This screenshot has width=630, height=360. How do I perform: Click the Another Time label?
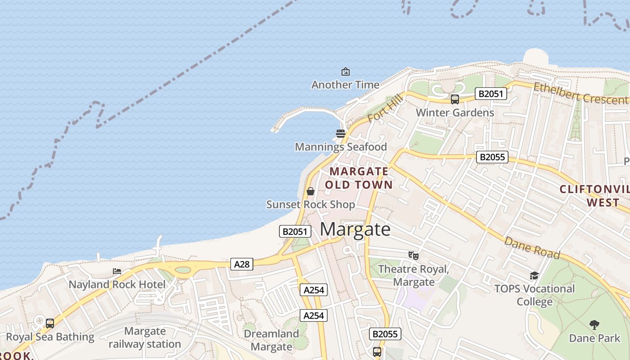click(345, 85)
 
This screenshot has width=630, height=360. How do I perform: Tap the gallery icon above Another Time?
click(345, 72)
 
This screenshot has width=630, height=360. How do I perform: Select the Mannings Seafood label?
click(341, 147)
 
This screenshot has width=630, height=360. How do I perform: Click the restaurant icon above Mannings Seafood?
click(341, 133)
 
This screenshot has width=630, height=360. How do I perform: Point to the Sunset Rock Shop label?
click(310, 205)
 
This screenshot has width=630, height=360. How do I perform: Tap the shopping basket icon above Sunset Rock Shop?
click(310, 191)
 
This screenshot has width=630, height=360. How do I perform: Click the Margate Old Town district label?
click(359, 178)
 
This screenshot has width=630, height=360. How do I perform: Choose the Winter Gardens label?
click(455, 112)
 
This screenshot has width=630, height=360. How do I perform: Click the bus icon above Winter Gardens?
click(455, 99)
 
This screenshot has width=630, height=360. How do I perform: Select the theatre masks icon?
click(414, 256)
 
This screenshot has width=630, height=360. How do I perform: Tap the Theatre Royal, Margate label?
click(414, 275)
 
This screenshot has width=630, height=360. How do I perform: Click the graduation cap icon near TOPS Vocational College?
click(534, 275)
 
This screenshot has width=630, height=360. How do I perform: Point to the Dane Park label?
click(594, 338)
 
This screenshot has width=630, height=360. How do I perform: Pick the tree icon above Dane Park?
click(594, 324)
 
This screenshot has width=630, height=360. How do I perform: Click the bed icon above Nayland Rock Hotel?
click(117, 271)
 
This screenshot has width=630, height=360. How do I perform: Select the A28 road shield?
click(242, 264)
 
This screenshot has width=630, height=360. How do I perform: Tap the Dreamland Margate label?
click(271, 340)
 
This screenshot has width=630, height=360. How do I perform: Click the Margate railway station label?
click(145, 337)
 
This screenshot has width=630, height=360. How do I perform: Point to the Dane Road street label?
click(532, 248)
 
